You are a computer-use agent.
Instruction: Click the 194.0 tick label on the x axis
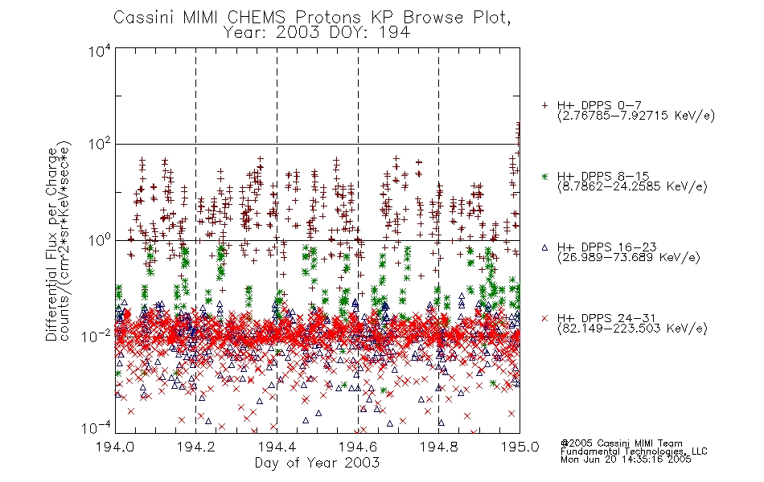115,447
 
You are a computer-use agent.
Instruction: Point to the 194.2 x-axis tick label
196,447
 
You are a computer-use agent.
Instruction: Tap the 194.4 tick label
277,447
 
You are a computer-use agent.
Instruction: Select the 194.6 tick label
358,447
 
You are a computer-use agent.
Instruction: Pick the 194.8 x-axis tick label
438,447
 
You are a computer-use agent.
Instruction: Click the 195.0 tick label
520,447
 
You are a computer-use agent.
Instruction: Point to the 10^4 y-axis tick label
100,51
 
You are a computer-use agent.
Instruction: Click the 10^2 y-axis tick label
100,144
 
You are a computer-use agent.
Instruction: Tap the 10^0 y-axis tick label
100,240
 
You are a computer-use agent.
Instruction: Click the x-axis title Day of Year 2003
317,463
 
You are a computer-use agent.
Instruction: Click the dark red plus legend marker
544,105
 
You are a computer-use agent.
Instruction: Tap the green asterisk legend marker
544,176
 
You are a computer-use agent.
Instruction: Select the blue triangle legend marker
544,247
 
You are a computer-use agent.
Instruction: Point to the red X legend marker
544,318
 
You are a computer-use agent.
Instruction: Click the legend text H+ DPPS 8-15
603,176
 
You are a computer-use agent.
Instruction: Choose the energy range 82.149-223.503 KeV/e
632,329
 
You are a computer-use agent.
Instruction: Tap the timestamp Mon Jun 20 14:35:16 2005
626,460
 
